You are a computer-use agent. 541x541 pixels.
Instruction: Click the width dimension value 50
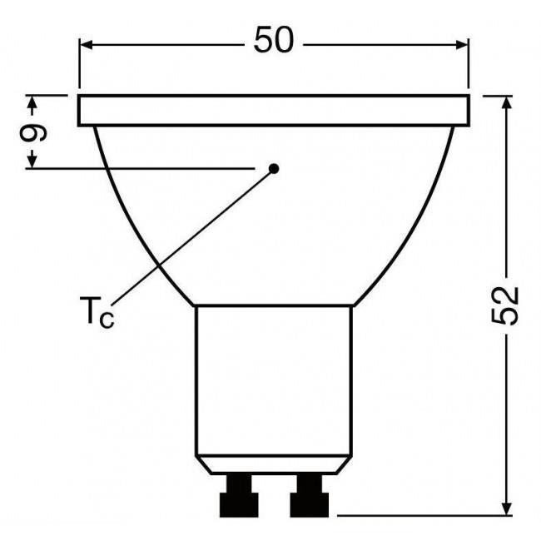[x=274, y=42]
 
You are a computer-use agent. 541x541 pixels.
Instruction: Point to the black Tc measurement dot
[x=274, y=168]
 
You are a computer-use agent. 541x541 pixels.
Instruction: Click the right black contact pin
[x=309, y=497]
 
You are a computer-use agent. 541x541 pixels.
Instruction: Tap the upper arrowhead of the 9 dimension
[x=32, y=102]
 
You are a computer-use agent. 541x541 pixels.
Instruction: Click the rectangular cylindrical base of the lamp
[x=274, y=379]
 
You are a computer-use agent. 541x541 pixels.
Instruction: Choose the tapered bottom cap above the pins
[x=274, y=465]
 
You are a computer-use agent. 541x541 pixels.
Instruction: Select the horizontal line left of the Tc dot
[x=141, y=169]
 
